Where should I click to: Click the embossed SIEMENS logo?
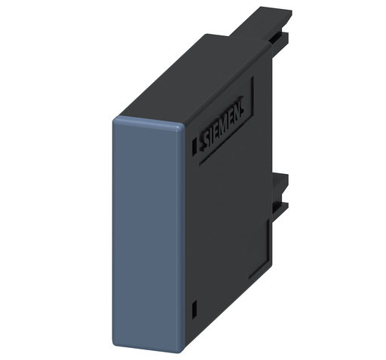pyautogui.click(x=223, y=124)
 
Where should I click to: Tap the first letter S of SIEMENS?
pyautogui.click(x=206, y=142)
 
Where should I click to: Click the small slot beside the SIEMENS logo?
pyautogui.click(x=194, y=146)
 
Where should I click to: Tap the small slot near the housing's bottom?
pyautogui.click(x=194, y=311)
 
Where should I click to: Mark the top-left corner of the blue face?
pyautogui.click(x=114, y=118)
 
